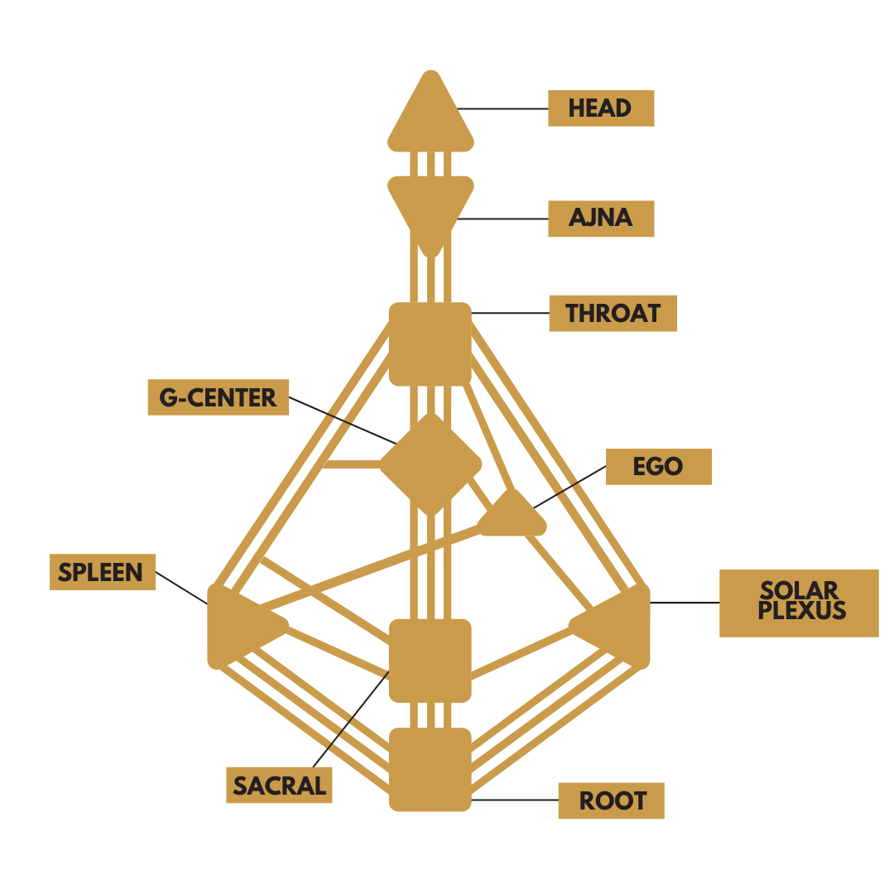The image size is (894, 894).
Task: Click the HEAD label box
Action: pos(601,108)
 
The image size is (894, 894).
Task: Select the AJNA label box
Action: pos(601,219)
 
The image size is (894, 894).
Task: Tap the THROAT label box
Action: pos(613,314)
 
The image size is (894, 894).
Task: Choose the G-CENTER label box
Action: pos(219,397)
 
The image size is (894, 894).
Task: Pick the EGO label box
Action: pos(659,467)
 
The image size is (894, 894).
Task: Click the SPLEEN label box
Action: pos(103,572)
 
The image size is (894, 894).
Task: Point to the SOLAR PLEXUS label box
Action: pos(799,603)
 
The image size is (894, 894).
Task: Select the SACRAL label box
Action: pos(279,785)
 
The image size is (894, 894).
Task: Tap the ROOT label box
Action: pos(611,800)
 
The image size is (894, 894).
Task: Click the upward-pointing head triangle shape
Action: pos(430,120)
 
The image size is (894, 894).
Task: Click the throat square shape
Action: pos(430,344)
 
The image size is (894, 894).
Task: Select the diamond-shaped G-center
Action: pos(430,464)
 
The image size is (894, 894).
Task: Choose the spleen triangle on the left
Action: pos(236,625)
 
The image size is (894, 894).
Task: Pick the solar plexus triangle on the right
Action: pos(621,625)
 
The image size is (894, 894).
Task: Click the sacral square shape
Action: pos(430,660)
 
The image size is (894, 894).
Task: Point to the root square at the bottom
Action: pos(430,770)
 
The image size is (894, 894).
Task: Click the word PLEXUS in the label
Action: pos(801,613)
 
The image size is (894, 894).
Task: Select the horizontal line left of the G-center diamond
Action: pos(352,464)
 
